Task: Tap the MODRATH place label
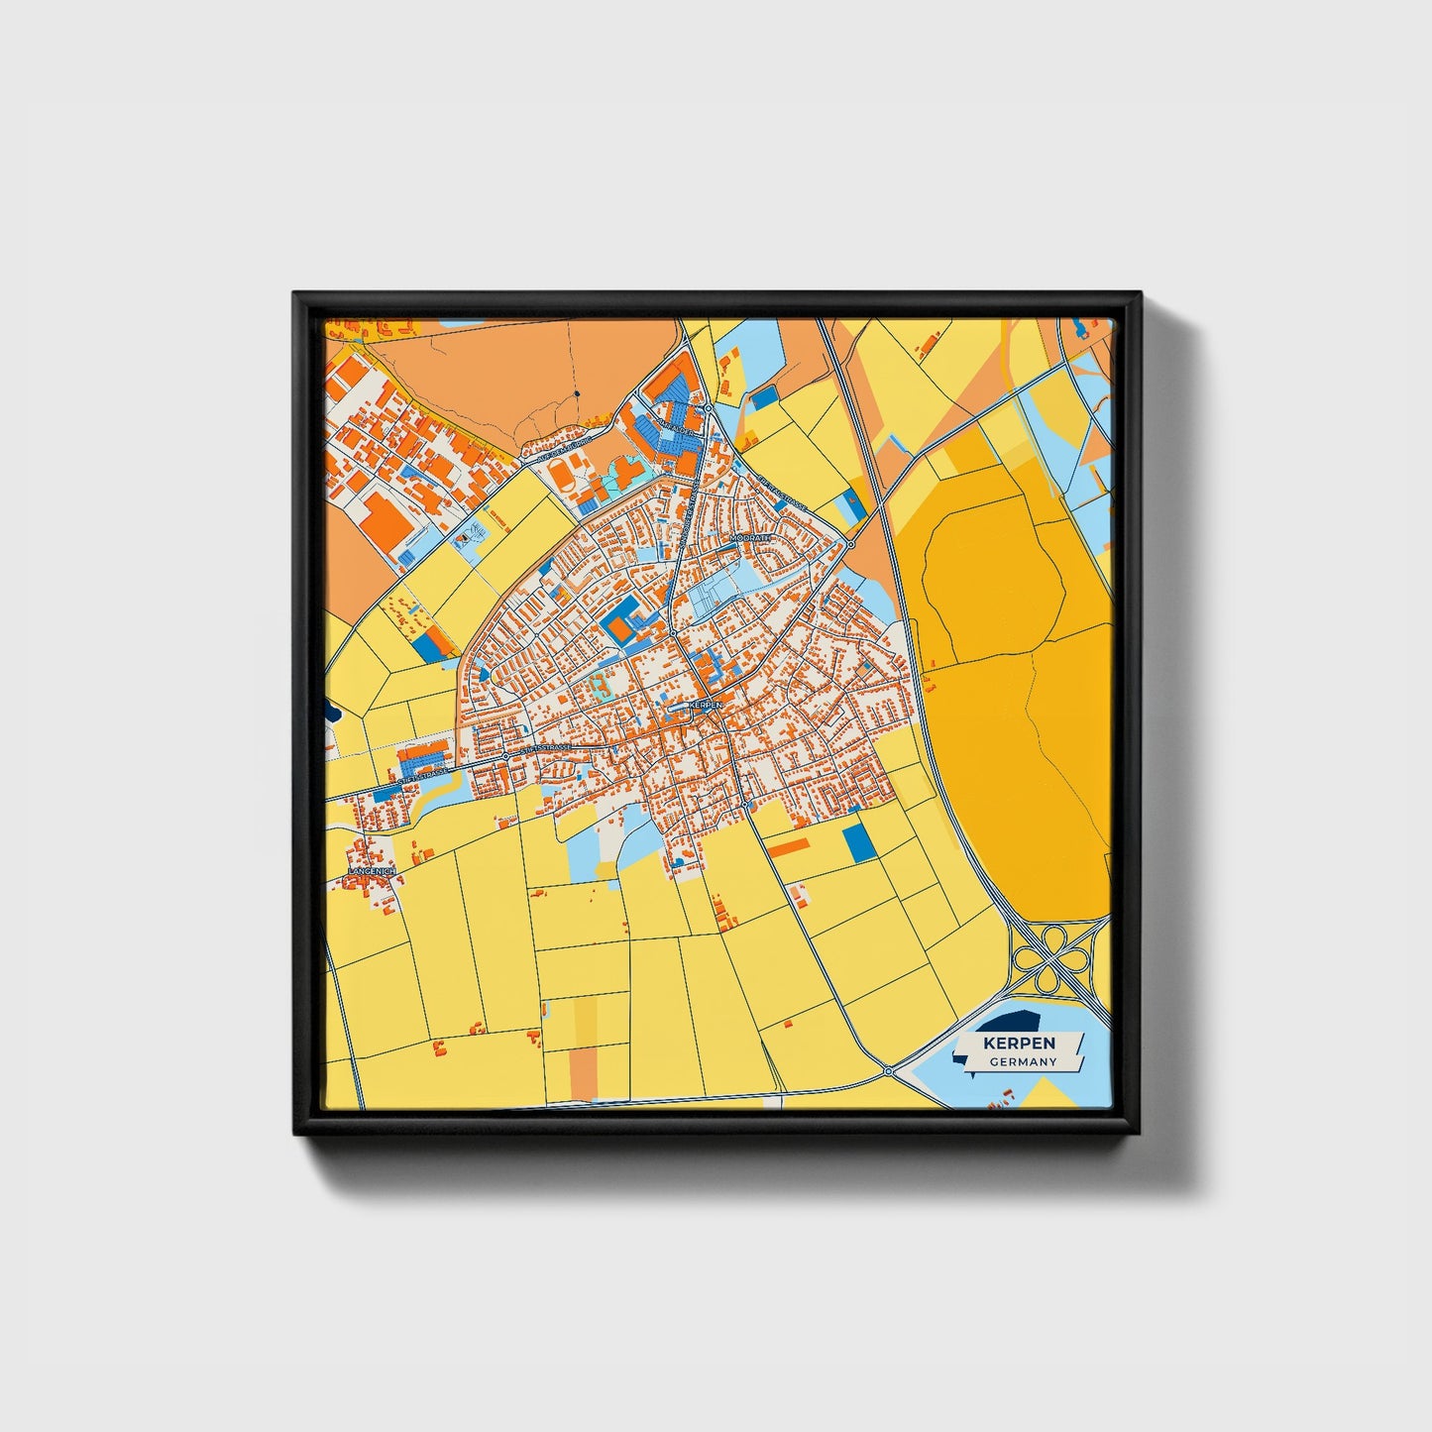(749, 537)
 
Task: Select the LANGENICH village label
(372, 871)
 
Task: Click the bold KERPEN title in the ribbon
(1019, 1044)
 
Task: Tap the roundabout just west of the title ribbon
(889, 1071)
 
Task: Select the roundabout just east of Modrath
(850, 544)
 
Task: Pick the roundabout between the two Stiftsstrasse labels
(505, 755)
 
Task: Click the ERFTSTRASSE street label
(783, 493)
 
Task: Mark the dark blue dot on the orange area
(578, 394)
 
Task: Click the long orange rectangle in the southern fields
(790, 845)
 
